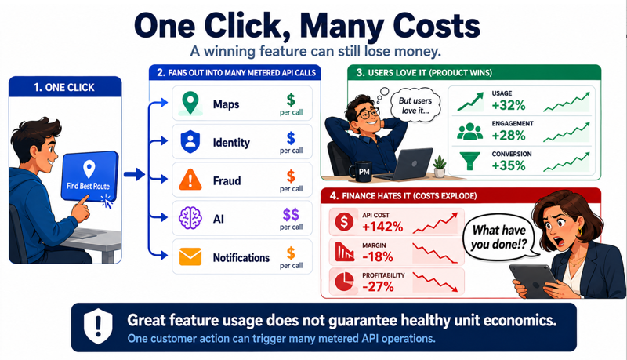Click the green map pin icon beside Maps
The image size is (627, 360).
(x=190, y=104)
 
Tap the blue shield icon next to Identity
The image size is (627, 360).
(x=190, y=142)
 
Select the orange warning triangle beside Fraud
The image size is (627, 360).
(x=190, y=180)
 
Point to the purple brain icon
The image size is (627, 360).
(x=190, y=218)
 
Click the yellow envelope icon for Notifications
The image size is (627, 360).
(x=190, y=256)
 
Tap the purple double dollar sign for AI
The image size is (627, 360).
(x=291, y=214)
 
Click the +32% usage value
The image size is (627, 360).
(x=509, y=105)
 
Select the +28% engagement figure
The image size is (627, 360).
(x=509, y=136)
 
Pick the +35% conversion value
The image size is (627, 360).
(x=509, y=165)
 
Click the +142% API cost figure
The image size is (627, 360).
(x=382, y=227)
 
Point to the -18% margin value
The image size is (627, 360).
(x=378, y=256)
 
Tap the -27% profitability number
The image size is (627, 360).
(x=379, y=286)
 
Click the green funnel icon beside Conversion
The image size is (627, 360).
(x=469, y=161)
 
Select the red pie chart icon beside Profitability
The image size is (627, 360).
(x=344, y=282)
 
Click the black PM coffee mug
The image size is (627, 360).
(x=361, y=172)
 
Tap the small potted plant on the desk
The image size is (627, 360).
(x=440, y=167)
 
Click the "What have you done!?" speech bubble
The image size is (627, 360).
(x=500, y=237)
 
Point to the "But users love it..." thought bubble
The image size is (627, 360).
(x=415, y=105)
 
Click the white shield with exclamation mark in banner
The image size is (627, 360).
(x=98, y=326)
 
